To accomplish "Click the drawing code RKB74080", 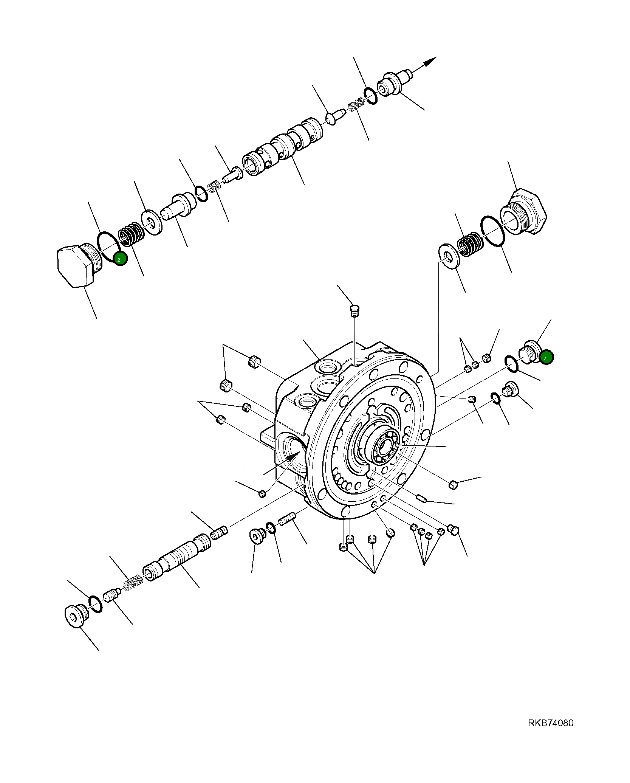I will pyautogui.click(x=550, y=723).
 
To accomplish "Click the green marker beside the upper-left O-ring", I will pyautogui.click(x=121, y=259).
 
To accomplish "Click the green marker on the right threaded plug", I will pyautogui.click(x=546, y=357).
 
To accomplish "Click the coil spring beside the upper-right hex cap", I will pyautogui.click(x=469, y=243).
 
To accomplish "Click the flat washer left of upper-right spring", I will pyautogui.click(x=449, y=256).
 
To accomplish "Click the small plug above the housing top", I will pyautogui.click(x=354, y=311).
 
